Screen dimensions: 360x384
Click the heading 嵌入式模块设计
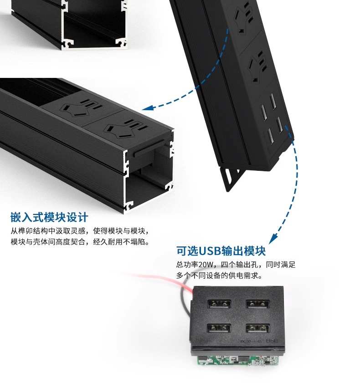(49, 217)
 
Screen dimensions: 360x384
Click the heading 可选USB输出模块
(221, 251)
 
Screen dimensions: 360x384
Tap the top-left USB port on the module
(219, 304)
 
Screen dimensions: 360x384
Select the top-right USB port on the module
(257, 304)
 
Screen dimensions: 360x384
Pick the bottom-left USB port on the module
(219, 328)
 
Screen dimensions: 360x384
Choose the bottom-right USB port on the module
(258, 328)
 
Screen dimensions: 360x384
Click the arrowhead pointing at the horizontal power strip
(148, 108)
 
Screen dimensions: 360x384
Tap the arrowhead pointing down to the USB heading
(273, 239)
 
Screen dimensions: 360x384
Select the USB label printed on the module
(272, 341)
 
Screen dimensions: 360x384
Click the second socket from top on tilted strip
(257, 66)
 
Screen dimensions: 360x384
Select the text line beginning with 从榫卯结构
(80, 231)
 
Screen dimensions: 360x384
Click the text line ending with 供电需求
(219, 276)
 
